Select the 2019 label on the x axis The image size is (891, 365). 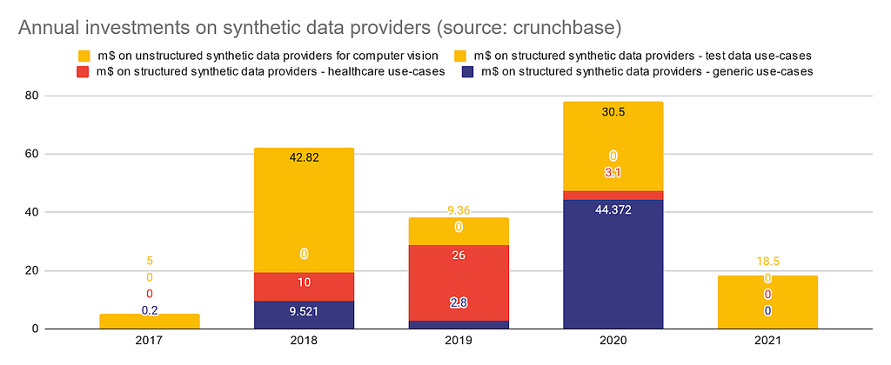point(459,342)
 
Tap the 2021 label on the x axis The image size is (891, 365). point(767,342)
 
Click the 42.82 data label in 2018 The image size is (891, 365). point(304,158)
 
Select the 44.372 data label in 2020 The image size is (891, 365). point(613,209)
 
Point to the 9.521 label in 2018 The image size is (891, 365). point(304,311)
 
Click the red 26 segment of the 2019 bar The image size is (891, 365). point(459,282)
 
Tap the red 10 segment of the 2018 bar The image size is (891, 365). point(304,287)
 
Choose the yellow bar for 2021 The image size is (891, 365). point(767,302)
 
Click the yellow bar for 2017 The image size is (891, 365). point(150,322)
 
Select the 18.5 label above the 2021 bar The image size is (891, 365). point(767,261)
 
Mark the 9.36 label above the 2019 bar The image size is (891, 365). point(459,211)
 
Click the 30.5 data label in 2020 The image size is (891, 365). point(613,113)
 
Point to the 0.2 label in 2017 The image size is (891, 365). point(150,310)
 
